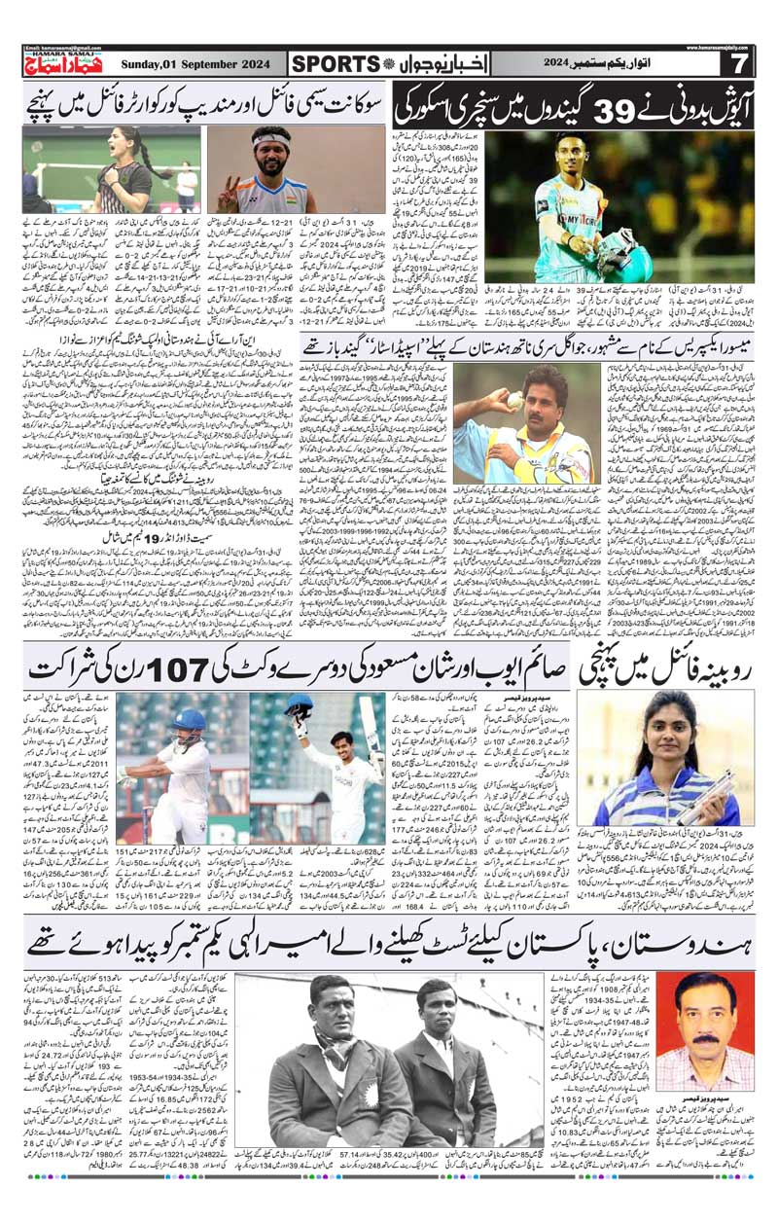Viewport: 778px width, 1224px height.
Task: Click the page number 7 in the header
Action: pos(738,64)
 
